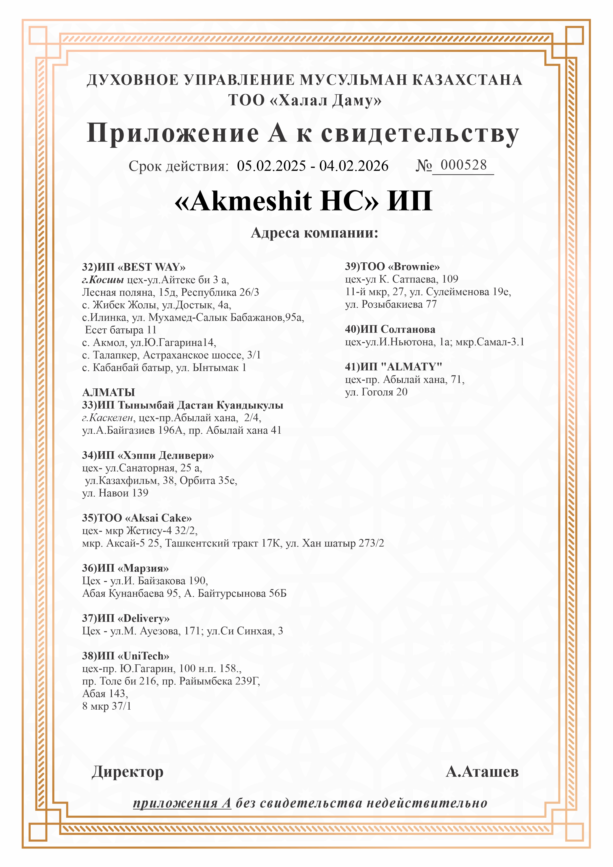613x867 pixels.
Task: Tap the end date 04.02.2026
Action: [354, 166]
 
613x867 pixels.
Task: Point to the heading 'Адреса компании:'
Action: [314, 233]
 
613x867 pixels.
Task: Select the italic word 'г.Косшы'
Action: [103, 280]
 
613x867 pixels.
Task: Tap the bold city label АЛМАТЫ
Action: [108, 392]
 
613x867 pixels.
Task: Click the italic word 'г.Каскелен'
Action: [108, 418]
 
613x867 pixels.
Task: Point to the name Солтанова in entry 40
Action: [408, 329]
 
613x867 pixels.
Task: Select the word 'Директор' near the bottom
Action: [128, 772]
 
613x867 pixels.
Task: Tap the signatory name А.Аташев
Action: [482, 771]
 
